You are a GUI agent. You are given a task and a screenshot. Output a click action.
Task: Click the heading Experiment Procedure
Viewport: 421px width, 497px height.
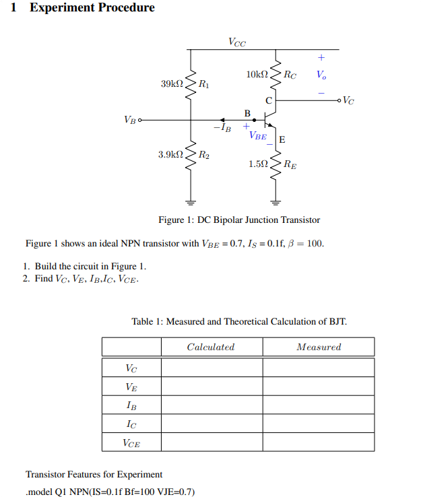(92, 8)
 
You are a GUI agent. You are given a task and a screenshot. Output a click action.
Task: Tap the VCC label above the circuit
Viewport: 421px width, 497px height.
(237, 42)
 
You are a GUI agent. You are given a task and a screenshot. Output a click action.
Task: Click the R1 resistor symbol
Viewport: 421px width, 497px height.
(191, 84)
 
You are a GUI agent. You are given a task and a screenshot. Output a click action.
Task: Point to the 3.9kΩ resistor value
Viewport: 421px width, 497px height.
(170, 155)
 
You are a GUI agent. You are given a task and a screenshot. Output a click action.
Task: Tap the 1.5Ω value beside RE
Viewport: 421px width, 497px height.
(259, 164)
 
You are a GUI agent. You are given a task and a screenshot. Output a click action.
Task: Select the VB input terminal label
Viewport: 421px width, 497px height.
(129, 120)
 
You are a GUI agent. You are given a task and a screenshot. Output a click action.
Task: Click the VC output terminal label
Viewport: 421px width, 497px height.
(348, 101)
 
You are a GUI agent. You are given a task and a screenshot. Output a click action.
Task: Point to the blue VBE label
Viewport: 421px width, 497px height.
(257, 135)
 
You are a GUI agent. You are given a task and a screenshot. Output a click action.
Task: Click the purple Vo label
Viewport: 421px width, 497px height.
(321, 74)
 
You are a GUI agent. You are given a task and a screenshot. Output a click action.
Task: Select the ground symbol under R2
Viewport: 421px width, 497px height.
(191, 201)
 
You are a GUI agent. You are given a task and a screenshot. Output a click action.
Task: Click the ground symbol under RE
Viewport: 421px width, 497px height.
(276, 201)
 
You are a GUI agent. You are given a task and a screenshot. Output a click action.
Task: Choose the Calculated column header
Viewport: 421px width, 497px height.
(211, 347)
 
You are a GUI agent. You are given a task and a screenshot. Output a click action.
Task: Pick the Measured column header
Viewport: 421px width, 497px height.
(319, 347)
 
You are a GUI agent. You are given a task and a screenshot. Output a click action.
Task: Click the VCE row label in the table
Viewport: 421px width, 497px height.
(131, 442)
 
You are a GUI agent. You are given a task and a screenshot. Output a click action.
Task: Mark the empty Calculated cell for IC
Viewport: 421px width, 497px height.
(212, 424)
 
